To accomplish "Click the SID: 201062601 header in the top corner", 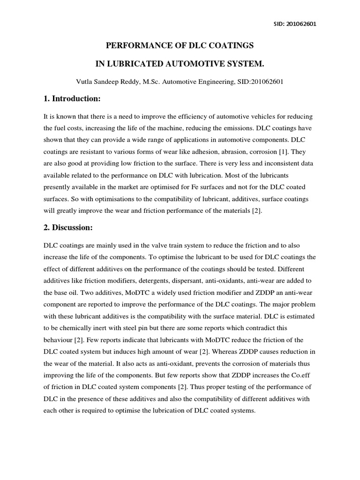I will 294,24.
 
